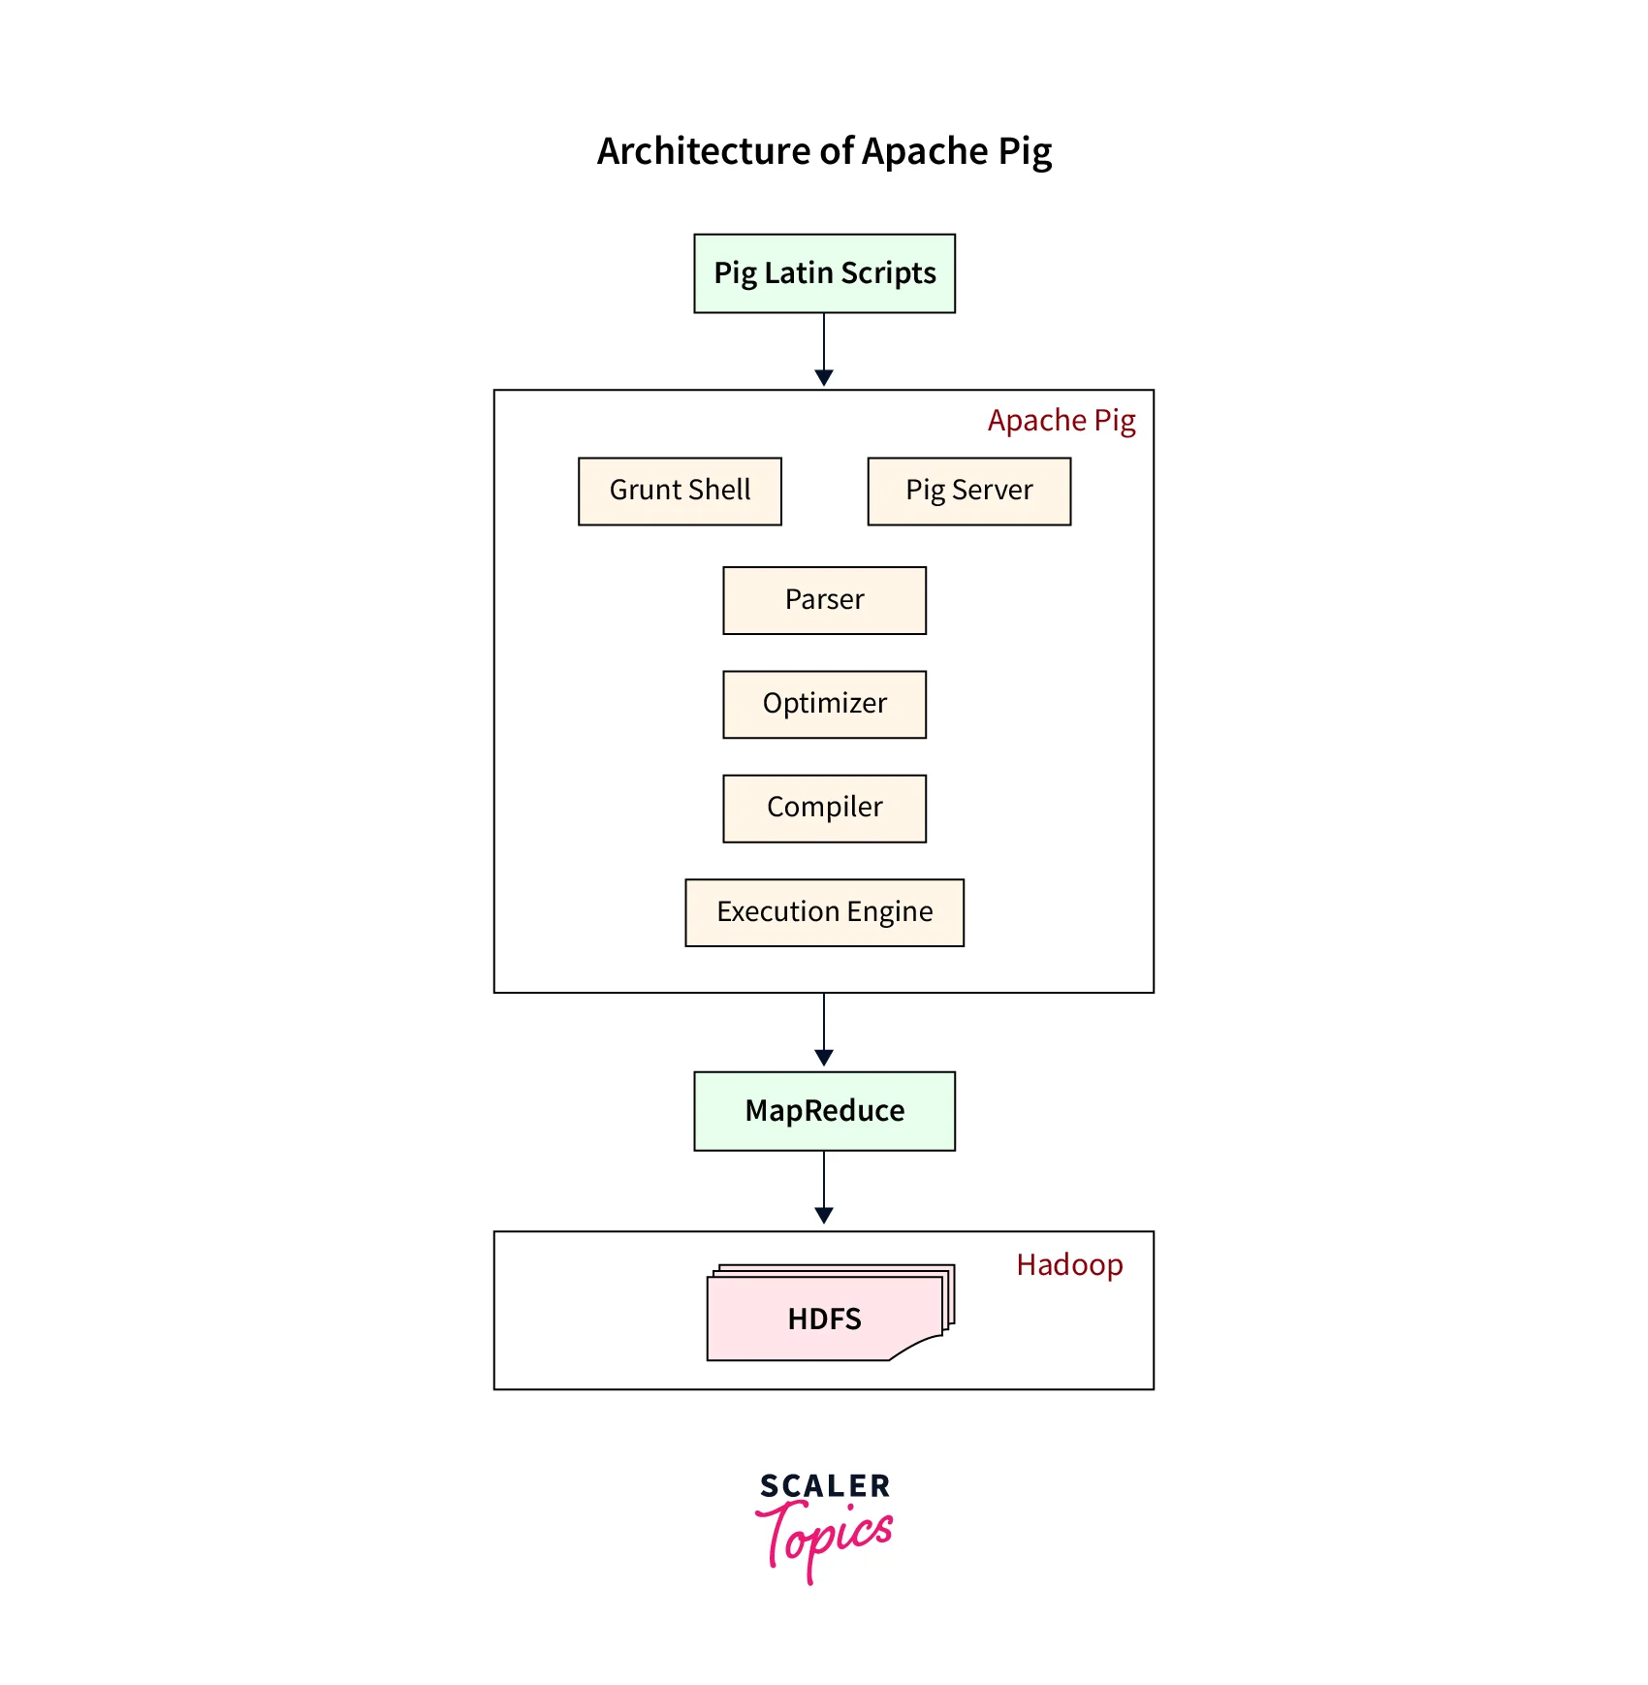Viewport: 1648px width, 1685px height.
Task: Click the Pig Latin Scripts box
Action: (x=824, y=273)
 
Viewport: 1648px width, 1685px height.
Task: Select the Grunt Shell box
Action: (x=680, y=491)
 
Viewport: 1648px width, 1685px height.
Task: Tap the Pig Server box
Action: (x=968, y=491)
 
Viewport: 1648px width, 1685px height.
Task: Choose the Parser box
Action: (x=824, y=600)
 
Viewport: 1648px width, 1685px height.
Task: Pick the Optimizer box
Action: (x=824, y=704)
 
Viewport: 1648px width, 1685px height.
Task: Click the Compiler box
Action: (x=824, y=808)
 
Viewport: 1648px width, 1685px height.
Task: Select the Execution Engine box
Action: (x=824, y=912)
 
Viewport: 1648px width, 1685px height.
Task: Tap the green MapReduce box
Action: (x=824, y=1111)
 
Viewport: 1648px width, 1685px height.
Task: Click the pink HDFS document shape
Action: (x=824, y=1319)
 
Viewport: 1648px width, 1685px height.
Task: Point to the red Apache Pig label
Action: (x=1061, y=421)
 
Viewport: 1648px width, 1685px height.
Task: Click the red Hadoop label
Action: (x=1069, y=1265)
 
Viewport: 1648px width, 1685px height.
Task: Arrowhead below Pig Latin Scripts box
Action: (x=824, y=377)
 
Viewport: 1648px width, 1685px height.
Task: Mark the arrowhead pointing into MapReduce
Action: (x=824, y=1058)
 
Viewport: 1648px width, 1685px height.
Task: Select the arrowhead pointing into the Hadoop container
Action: (x=824, y=1216)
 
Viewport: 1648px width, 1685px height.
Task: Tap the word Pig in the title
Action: (x=1025, y=152)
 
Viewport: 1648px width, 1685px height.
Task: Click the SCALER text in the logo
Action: (x=824, y=1486)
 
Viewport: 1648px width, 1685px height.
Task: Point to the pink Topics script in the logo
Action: (x=826, y=1538)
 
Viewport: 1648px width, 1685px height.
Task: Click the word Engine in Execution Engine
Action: (x=889, y=912)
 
